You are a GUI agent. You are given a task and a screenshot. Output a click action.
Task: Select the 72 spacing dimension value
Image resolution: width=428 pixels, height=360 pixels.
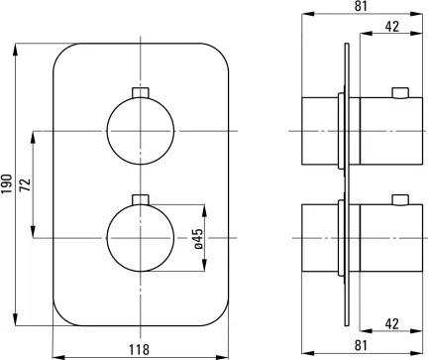(26, 184)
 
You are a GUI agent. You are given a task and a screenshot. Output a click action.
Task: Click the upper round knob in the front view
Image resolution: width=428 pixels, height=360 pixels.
(141, 132)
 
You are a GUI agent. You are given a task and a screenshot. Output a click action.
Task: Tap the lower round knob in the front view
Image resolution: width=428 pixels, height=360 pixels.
(141, 238)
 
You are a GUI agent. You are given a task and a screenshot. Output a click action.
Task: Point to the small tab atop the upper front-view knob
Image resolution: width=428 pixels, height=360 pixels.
(141, 93)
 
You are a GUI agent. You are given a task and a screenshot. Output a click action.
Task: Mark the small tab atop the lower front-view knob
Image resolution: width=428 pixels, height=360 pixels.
(141, 198)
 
